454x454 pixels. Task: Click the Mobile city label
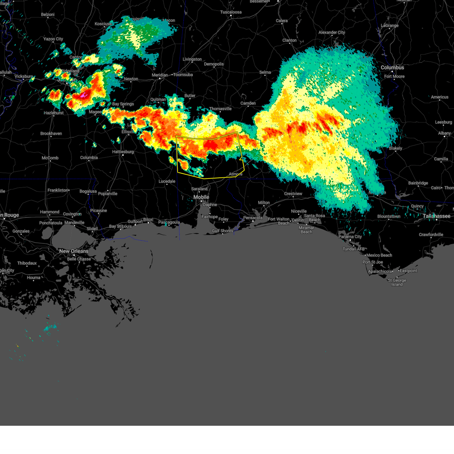201,197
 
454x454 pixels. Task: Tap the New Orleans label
74,251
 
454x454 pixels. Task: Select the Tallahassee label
437,216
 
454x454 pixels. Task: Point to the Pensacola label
253,218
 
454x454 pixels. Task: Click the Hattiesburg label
123,152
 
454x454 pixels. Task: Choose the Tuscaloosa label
231,12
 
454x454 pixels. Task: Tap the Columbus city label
392,67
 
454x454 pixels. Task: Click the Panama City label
350,236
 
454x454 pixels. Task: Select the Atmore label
235,174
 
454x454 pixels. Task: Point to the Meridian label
160,75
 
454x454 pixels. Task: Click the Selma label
265,72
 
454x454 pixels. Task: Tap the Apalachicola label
380,272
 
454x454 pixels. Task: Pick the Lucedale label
167,181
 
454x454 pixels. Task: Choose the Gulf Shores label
222,231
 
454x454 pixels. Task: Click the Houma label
34,277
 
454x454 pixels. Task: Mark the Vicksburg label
23,76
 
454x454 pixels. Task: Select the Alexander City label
331,33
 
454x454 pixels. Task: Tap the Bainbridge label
418,183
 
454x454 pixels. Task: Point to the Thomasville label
220,109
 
